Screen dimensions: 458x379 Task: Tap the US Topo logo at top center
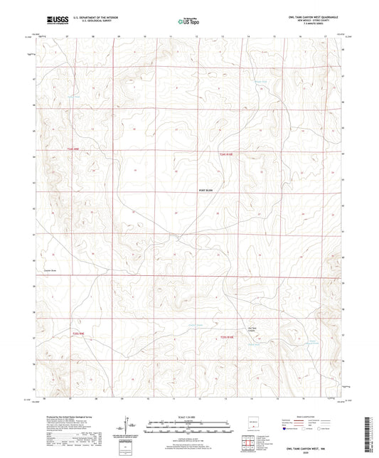[x=188, y=22]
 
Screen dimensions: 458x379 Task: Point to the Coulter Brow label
[x=50, y=270]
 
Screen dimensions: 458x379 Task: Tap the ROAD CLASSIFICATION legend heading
[x=306, y=417]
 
